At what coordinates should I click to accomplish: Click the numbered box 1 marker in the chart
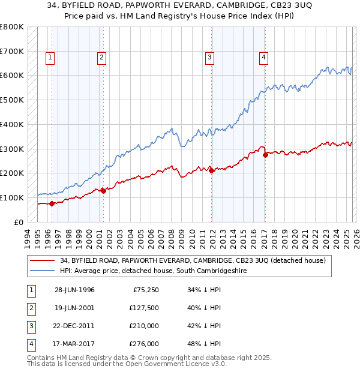point(49,58)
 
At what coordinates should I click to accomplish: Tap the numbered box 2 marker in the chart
point(101,58)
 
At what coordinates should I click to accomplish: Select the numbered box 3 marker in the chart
point(209,58)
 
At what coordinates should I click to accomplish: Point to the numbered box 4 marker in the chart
point(263,58)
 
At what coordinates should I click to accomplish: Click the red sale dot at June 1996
point(52,203)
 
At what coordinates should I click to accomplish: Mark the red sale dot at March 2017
point(265,155)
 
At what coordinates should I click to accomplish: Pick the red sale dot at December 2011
point(211,171)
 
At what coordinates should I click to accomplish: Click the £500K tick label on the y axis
point(12,100)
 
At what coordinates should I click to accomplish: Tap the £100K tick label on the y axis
point(12,197)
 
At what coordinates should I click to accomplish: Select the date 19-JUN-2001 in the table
point(74,308)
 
